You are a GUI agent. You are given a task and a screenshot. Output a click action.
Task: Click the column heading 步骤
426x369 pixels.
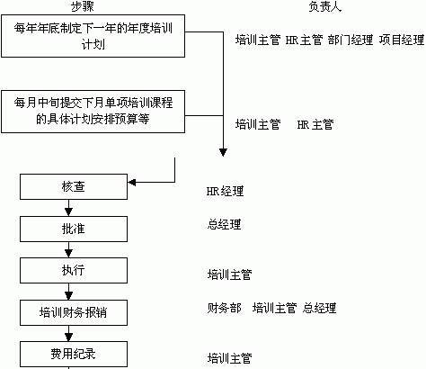83,6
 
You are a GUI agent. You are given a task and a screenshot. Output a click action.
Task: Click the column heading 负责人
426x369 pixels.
325,6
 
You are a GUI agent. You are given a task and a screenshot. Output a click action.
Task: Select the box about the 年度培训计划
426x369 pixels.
93,36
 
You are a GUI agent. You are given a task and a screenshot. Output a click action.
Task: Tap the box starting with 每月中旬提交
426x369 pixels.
93,112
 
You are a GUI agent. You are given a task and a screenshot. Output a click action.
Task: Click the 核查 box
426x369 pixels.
74,186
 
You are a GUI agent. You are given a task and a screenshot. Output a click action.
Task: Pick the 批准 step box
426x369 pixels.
74,229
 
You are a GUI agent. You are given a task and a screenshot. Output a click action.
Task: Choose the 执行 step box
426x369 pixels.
74,270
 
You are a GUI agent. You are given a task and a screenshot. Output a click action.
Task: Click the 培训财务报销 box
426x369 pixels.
74,312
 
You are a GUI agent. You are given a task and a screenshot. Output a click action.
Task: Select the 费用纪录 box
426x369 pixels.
74,354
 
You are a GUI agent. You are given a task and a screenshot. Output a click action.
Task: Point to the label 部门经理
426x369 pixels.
351,40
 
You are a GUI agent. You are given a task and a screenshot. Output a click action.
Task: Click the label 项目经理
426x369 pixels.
402,40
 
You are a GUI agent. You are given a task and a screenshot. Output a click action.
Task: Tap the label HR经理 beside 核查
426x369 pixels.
225,192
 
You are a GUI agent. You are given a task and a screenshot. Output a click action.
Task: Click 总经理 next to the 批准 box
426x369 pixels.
224,224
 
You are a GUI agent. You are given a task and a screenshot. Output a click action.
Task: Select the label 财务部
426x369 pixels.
224,308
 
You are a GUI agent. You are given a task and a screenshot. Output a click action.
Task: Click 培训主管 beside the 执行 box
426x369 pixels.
230,274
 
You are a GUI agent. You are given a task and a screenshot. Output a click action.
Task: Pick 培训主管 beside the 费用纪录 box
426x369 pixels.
230,358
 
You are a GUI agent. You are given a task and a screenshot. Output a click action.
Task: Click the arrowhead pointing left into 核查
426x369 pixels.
131,182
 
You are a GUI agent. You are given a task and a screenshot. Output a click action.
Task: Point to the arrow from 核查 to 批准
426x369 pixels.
69,208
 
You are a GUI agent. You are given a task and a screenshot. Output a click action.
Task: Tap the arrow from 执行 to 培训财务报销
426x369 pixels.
69,292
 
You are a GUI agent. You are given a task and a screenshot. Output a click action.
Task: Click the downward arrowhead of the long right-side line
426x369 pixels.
223,152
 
